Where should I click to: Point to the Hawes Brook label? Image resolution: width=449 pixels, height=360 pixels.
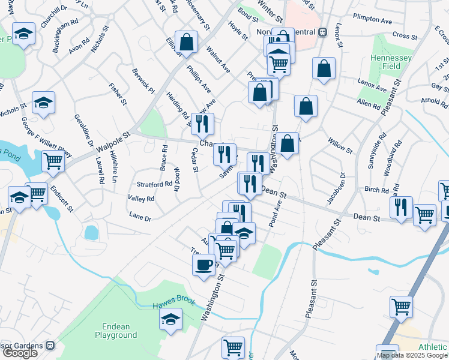pos(173,304)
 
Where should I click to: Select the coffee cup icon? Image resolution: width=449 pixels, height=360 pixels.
pos(203,264)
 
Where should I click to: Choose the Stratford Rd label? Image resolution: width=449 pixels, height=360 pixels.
pos(137,184)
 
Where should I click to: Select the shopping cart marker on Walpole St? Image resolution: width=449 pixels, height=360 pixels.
pos(53,161)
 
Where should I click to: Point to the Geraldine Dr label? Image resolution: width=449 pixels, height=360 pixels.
pos(84,130)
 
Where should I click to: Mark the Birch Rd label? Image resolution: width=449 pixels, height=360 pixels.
pos(376,190)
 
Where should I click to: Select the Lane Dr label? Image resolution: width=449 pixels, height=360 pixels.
pos(140,217)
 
